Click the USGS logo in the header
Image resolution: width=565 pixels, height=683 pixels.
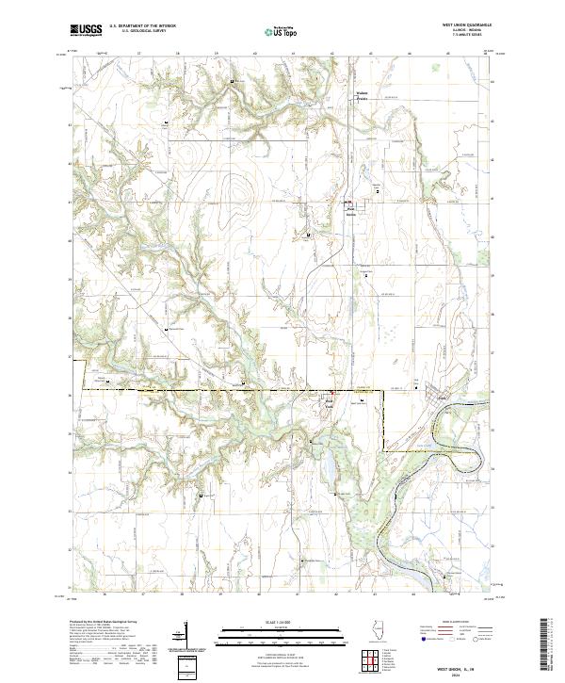pyautogui.click(x=85, y=30)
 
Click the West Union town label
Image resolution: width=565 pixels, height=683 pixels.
pyautogui.click(x=350, y=212)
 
